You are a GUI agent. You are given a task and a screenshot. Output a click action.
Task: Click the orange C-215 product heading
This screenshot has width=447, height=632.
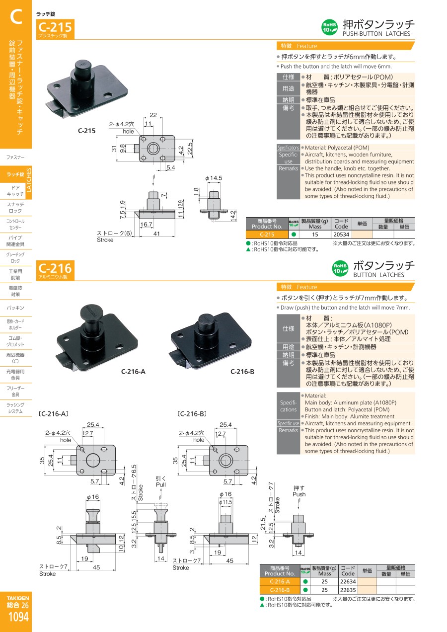[55, 27]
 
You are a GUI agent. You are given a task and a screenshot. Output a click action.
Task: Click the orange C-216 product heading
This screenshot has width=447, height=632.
[55, 268]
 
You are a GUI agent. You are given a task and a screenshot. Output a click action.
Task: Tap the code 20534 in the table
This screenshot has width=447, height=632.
[341, 235]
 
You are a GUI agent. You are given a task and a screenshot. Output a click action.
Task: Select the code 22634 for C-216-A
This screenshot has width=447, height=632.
[348, 581]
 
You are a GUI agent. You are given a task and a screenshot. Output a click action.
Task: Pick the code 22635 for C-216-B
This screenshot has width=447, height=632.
[348, 590]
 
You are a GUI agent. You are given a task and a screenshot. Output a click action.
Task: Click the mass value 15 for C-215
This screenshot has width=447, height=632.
[315, 235]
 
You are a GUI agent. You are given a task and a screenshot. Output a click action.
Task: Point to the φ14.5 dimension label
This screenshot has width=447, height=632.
[214, 178]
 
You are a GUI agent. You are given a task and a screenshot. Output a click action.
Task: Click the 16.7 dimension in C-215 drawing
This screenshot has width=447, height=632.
[146, 224]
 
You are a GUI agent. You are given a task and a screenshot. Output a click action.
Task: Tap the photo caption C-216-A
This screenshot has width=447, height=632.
[133, 372]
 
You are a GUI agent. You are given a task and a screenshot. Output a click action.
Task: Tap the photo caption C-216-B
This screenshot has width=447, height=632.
[242, 372]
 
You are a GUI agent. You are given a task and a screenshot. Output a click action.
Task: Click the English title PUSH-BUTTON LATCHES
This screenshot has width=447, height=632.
[376, 34]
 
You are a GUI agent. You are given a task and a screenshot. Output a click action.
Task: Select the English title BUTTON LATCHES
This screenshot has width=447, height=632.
[378, 275]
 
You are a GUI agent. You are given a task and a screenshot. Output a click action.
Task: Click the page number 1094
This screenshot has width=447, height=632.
[18, 617]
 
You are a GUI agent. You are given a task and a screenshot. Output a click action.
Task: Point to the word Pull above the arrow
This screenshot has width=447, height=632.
[161, 485]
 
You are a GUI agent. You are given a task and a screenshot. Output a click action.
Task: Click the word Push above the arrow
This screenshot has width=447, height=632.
[299, 494]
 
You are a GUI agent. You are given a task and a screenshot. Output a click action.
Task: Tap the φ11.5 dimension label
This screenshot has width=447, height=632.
[225, 502]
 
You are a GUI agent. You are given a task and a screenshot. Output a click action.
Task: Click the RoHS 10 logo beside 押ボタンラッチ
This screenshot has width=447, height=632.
[329, 27]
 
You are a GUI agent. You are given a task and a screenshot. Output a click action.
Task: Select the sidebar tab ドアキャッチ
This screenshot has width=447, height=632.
[15, 191]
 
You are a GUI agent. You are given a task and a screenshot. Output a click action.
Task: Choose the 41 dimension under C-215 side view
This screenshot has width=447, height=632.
[156, 234]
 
